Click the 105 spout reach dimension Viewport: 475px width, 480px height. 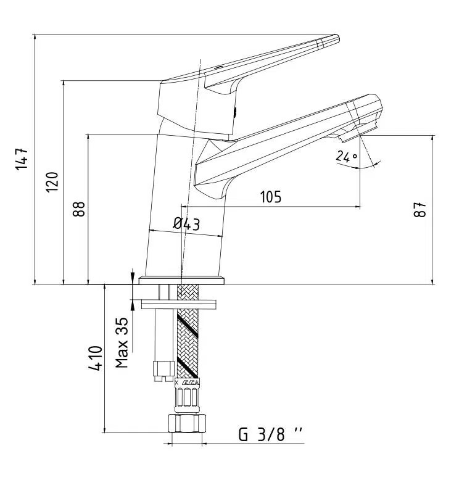270,197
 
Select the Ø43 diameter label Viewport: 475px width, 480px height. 186,224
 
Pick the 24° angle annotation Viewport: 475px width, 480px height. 347,157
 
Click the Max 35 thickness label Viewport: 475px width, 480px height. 123,342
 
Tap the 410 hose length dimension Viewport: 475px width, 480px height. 95,358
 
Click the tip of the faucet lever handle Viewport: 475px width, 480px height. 333,40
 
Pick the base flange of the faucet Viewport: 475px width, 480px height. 181,280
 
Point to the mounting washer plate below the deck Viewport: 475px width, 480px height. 178,304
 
